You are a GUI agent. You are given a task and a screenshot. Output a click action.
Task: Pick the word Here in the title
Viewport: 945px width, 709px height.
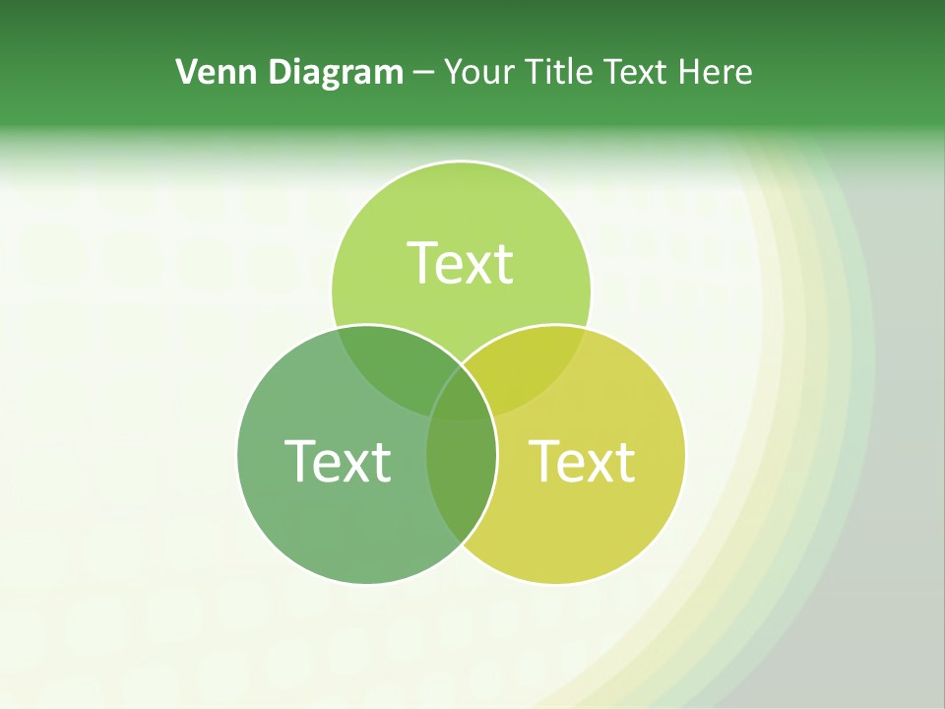pyautogui.click(x=716, y=72)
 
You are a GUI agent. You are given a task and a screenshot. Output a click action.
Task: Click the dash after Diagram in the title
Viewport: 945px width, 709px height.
pyautogui.click(x=422, y=73)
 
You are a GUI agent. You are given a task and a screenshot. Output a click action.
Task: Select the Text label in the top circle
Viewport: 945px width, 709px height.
pyautogui.click(x=461, y=263)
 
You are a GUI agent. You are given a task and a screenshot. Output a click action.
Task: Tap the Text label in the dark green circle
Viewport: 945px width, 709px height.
pyautogui.click(x=338, y=461)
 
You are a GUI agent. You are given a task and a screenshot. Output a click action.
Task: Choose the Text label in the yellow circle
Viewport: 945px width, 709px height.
pyautogui.click(x=583, y=461)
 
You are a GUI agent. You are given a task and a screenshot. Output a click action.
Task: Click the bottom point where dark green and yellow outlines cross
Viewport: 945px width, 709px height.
pyautogui.click(x=462, y=543)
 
